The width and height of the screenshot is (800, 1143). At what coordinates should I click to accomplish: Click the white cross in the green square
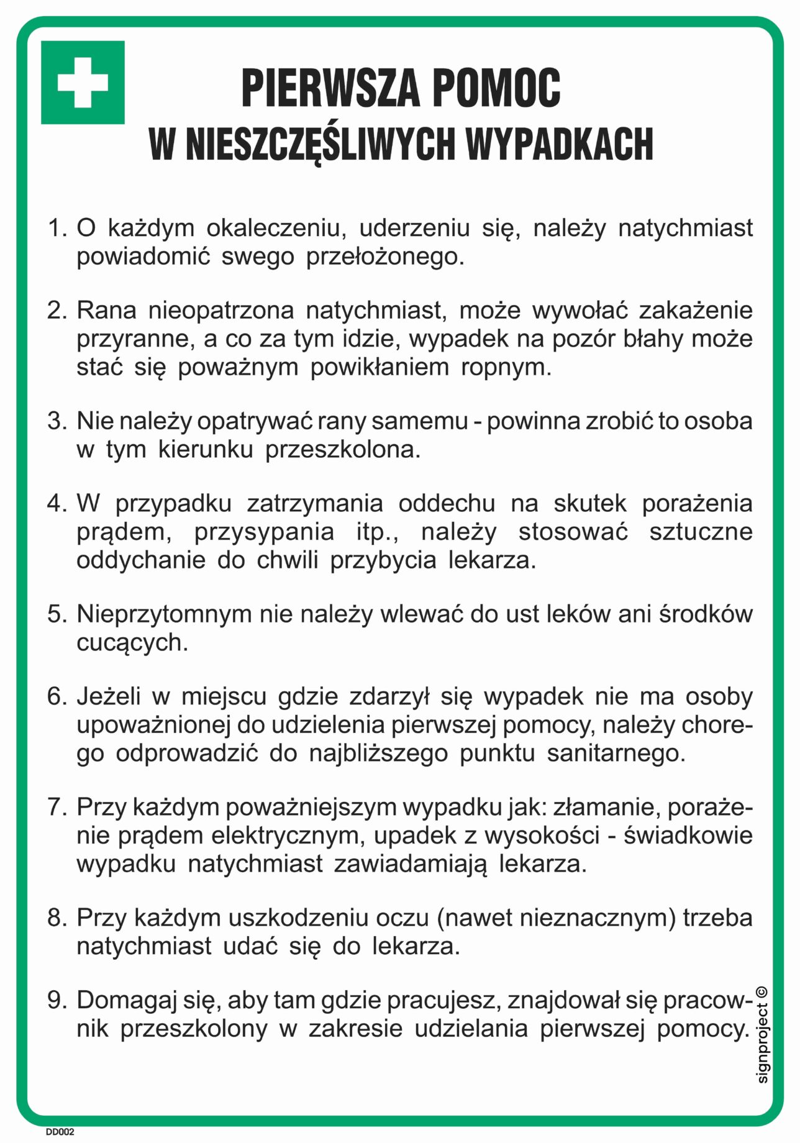click(x=83, y=83)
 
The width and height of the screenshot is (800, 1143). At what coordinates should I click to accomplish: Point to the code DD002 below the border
click(x=60, y=1132)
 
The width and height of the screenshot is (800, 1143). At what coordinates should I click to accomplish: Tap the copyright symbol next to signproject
click(x=763, y=992)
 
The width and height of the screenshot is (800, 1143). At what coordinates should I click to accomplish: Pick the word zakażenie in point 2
click(x=696, y=310)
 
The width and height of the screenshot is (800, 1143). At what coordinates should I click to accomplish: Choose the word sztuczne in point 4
click(x=701, y=532)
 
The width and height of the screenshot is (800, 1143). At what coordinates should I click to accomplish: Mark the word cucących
click(x=132, y=642)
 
